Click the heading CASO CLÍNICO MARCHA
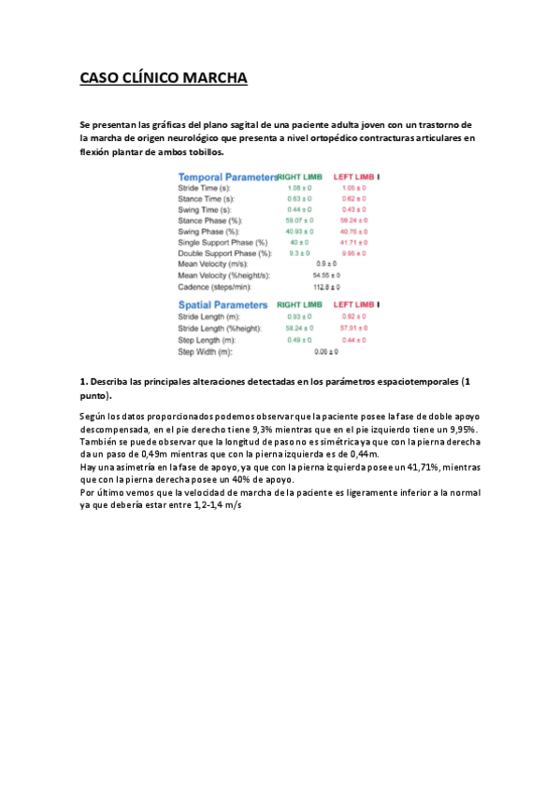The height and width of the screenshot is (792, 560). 164,78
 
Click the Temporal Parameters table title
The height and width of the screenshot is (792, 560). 228,177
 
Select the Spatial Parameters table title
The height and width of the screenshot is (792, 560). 223,305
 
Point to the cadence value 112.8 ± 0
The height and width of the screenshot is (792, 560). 326,287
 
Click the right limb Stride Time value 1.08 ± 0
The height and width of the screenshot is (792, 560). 300,188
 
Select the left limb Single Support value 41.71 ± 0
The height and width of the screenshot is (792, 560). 353,242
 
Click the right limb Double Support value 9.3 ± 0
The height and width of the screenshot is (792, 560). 300,253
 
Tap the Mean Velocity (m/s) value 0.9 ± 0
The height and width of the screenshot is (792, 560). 326,264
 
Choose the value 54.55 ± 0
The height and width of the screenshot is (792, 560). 326,276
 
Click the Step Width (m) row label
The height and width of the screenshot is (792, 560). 206,351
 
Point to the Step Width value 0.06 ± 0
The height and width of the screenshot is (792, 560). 326,351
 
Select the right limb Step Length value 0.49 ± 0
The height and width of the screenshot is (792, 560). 300,340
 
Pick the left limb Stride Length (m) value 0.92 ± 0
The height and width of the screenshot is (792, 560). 353,318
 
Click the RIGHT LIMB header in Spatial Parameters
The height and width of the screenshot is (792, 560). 299,305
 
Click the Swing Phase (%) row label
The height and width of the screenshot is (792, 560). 208,232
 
